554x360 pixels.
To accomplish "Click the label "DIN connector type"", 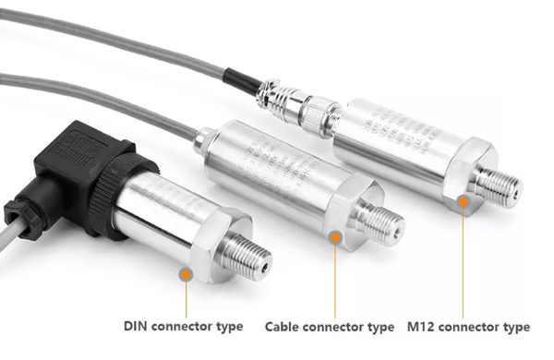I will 184,326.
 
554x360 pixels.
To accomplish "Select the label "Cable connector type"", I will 329,327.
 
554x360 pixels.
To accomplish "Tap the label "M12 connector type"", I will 468,327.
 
